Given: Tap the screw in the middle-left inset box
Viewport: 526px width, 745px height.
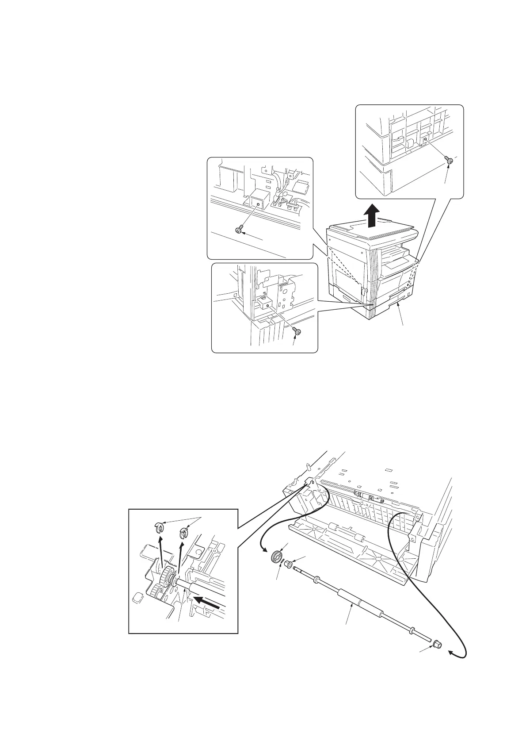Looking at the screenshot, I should click(239, 229).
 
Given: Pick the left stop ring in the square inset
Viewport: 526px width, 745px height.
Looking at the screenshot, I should click(160, 526).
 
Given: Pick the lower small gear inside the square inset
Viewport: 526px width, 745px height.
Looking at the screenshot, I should click(157, 591).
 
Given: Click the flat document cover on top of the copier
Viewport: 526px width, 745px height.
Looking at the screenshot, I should click(367, 232).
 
